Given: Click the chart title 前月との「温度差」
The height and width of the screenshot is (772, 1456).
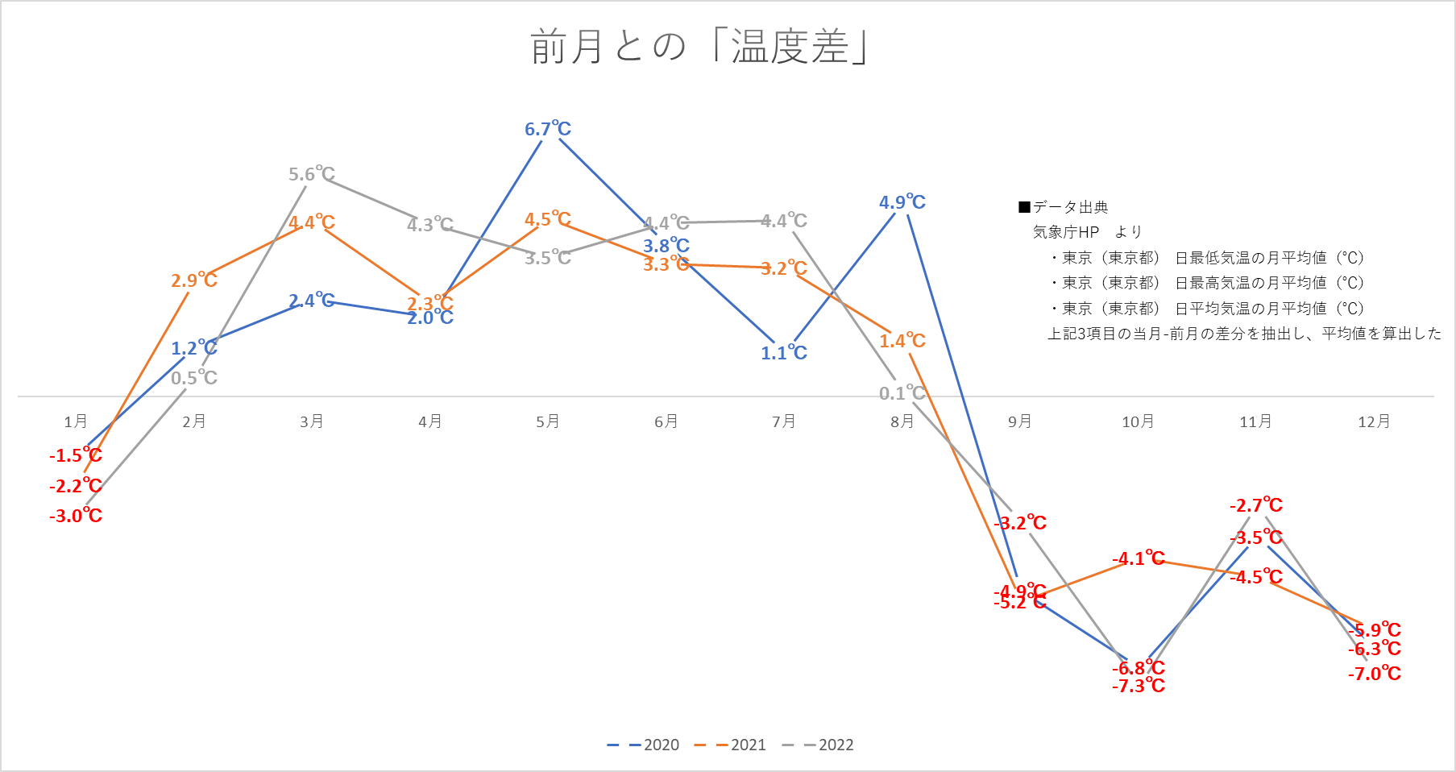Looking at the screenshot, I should (x=699, y=46).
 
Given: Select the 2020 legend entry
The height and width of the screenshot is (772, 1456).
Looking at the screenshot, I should (x=644, y=745).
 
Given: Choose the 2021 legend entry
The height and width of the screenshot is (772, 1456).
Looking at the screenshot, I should (x=731, y=745).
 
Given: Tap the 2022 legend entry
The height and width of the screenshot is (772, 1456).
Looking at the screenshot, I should (x=819, y=745).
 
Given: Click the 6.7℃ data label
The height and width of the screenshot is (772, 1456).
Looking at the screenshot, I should (x=548, y=129).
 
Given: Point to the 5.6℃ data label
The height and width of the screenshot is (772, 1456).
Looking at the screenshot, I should (x=312, y=174).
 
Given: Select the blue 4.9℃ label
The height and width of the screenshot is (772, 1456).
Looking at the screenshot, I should (x=902, y=202).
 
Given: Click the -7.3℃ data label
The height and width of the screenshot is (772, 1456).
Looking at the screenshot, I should (x=1139, y=686).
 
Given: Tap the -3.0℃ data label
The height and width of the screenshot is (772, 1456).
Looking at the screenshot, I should (x=76, y=516).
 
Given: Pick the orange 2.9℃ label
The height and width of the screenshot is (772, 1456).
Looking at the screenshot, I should (x=194, y=280).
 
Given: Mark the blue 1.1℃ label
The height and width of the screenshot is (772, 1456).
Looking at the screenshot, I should (x=784, y=353).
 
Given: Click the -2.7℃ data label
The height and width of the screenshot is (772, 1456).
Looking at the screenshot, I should (x=1256, y=506).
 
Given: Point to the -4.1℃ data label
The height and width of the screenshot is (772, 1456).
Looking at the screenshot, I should (x=1139, y=558).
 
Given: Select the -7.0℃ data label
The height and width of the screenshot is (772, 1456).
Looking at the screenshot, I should (x=1375, y=674).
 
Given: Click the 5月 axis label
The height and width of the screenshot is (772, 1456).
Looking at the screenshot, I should (x=548, y=421).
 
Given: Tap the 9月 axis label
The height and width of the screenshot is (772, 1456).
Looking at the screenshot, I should (x=1020, y=421).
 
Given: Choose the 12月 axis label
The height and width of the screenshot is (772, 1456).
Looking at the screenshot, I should (x=1374, y=421).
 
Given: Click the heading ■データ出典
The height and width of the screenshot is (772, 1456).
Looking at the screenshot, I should (x=1064, y=207).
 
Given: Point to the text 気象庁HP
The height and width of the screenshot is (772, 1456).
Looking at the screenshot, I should (x=1066, y=232).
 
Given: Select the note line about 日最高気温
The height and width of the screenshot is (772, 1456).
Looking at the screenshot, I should (x=1208, y=283).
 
